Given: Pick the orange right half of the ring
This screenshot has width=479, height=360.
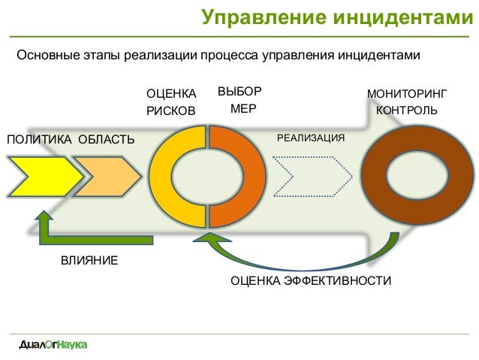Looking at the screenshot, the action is (x=255, y=177).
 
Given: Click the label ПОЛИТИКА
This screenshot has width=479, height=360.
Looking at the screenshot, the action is (x=39, y=140).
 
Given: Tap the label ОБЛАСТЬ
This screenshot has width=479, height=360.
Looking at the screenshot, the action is (x=107, y=140).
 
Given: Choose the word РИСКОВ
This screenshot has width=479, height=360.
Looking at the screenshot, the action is (x=170, y=110).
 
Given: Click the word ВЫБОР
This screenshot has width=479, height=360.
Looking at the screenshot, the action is (x=239, y=91).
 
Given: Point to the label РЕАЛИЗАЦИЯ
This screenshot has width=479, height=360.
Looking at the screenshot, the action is (x=311, y=138).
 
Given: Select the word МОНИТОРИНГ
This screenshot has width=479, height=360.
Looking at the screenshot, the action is (x=407, y=94).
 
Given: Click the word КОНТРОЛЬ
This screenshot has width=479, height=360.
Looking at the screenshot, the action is (x=407, y=110).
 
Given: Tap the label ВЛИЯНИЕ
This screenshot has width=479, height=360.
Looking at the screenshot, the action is (x=89, y=261).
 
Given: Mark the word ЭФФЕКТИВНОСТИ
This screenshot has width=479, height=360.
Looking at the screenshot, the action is (x=338, y=280).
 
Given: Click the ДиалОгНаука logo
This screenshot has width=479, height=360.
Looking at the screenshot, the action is (x=53, y=345).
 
